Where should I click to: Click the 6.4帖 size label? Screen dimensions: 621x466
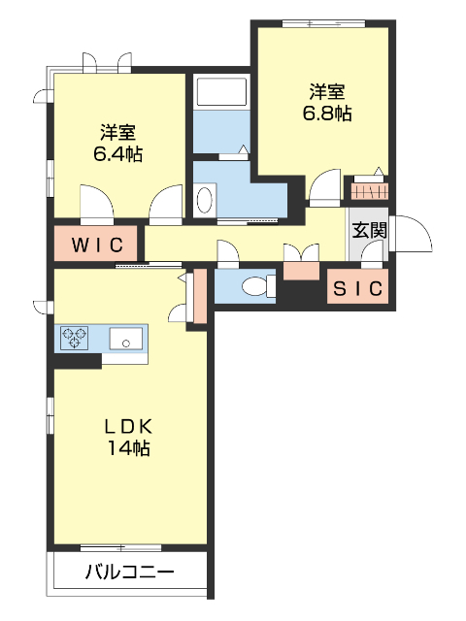coord(117,153)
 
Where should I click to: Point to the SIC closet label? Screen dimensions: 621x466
coord(358,288)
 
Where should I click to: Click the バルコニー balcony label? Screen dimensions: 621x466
coord(129,572)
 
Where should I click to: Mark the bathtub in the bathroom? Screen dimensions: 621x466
coord(223,93)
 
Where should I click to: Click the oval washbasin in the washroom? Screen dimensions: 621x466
coord(205,200)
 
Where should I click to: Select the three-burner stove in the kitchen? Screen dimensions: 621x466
coord(75,338)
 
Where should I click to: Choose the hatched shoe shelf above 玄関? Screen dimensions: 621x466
coord(369,190)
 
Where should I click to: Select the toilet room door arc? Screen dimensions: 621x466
coord(228,255)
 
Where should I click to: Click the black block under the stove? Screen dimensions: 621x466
coord(78,361)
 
